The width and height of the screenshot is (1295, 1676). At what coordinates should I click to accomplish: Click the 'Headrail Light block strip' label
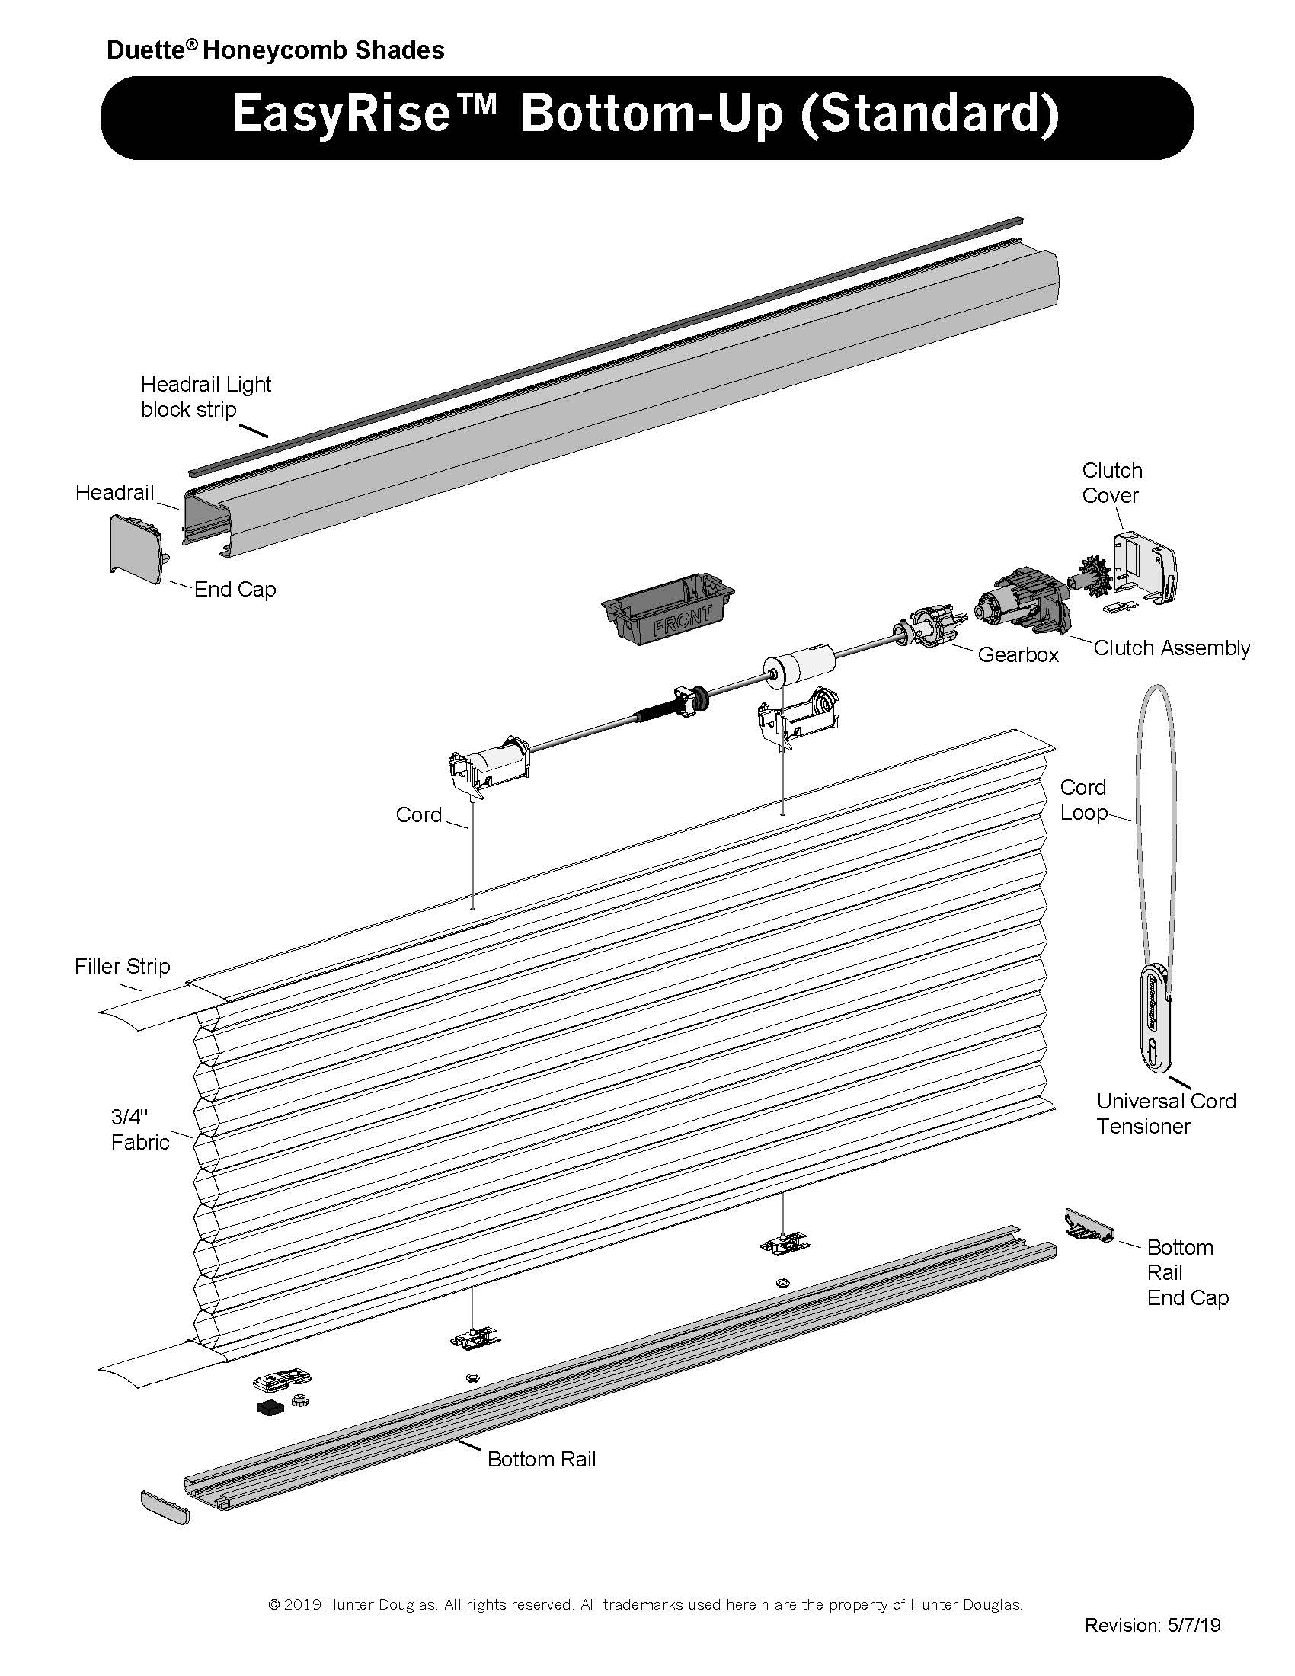206,397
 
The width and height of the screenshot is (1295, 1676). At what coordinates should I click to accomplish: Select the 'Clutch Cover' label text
1111,483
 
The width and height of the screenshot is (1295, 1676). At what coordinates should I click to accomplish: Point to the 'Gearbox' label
1018,654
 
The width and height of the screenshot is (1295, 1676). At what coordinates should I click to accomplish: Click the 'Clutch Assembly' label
1172,648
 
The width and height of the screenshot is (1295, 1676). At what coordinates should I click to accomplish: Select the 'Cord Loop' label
1083,800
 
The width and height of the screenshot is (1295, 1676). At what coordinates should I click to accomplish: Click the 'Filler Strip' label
122,966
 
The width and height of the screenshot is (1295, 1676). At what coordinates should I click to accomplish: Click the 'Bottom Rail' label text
542,1459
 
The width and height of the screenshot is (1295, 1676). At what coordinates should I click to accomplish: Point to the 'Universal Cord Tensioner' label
1165,1114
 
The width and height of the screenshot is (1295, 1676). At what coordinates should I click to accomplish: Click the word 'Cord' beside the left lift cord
419,814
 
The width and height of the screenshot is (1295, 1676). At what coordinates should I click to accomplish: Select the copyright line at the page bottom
645,1604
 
